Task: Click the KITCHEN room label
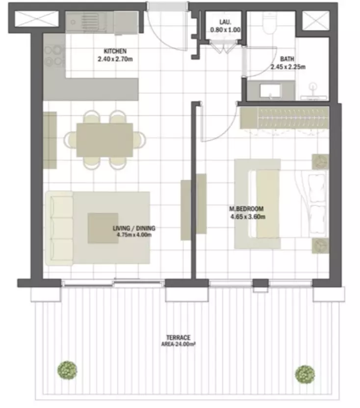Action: [115, 51]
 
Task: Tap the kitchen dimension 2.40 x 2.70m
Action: [115, 59]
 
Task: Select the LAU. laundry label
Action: [225, 22]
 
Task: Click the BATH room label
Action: [287, 59]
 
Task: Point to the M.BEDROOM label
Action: [246, 209]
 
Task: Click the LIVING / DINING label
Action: [134, 228]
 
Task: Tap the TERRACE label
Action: [179, 338]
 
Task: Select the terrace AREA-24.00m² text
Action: [179, 344]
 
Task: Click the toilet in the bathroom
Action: [269, 24]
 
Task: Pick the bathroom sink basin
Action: [270, 91]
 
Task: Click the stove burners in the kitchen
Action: [54, 56]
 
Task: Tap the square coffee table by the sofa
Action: [103, 228]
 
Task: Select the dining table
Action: [104, 140]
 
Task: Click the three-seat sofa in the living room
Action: [59, 228]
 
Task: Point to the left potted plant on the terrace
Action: [67, 370]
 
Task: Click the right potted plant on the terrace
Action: [305, 374]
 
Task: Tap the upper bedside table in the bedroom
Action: [320, 162]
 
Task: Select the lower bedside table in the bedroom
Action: [320, 245]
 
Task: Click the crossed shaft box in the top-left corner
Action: [36, 19]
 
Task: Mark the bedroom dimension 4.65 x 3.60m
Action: [248, 216]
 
